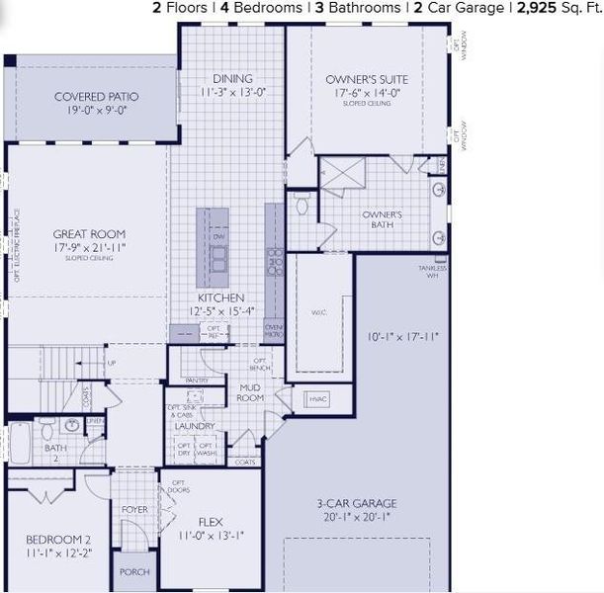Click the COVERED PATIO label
96,96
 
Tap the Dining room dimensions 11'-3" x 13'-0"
232,92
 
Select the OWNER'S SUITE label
367,79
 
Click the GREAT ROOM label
89,234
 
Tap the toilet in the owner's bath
302,206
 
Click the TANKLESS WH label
433,272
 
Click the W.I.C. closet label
318,312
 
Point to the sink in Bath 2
71,426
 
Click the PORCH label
133,572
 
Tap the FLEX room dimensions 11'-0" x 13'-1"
210,535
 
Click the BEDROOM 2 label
57,540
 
